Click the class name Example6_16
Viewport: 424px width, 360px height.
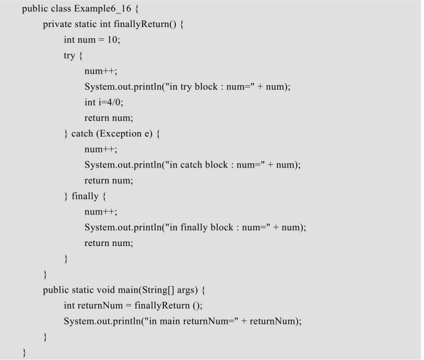tap(103, 8)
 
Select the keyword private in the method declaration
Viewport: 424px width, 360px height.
tap(58, 24)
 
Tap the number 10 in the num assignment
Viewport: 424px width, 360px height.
tap(113, 40)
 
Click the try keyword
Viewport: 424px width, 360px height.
tap(69, 56)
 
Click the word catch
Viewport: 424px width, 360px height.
tap(82, 134)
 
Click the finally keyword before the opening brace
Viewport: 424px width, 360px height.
tap(85, 196)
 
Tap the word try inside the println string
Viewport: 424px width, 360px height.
tap(185, 87)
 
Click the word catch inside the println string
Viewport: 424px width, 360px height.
tap(191, 165)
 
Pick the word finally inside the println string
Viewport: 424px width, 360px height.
tap(194, 227)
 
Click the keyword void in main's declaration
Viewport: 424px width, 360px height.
tap(106, 290)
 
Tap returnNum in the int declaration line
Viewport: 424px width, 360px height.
tap(100, 306)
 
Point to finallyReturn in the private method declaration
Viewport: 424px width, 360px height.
tap(142, 24)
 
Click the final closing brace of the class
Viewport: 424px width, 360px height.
tap(24, 353)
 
